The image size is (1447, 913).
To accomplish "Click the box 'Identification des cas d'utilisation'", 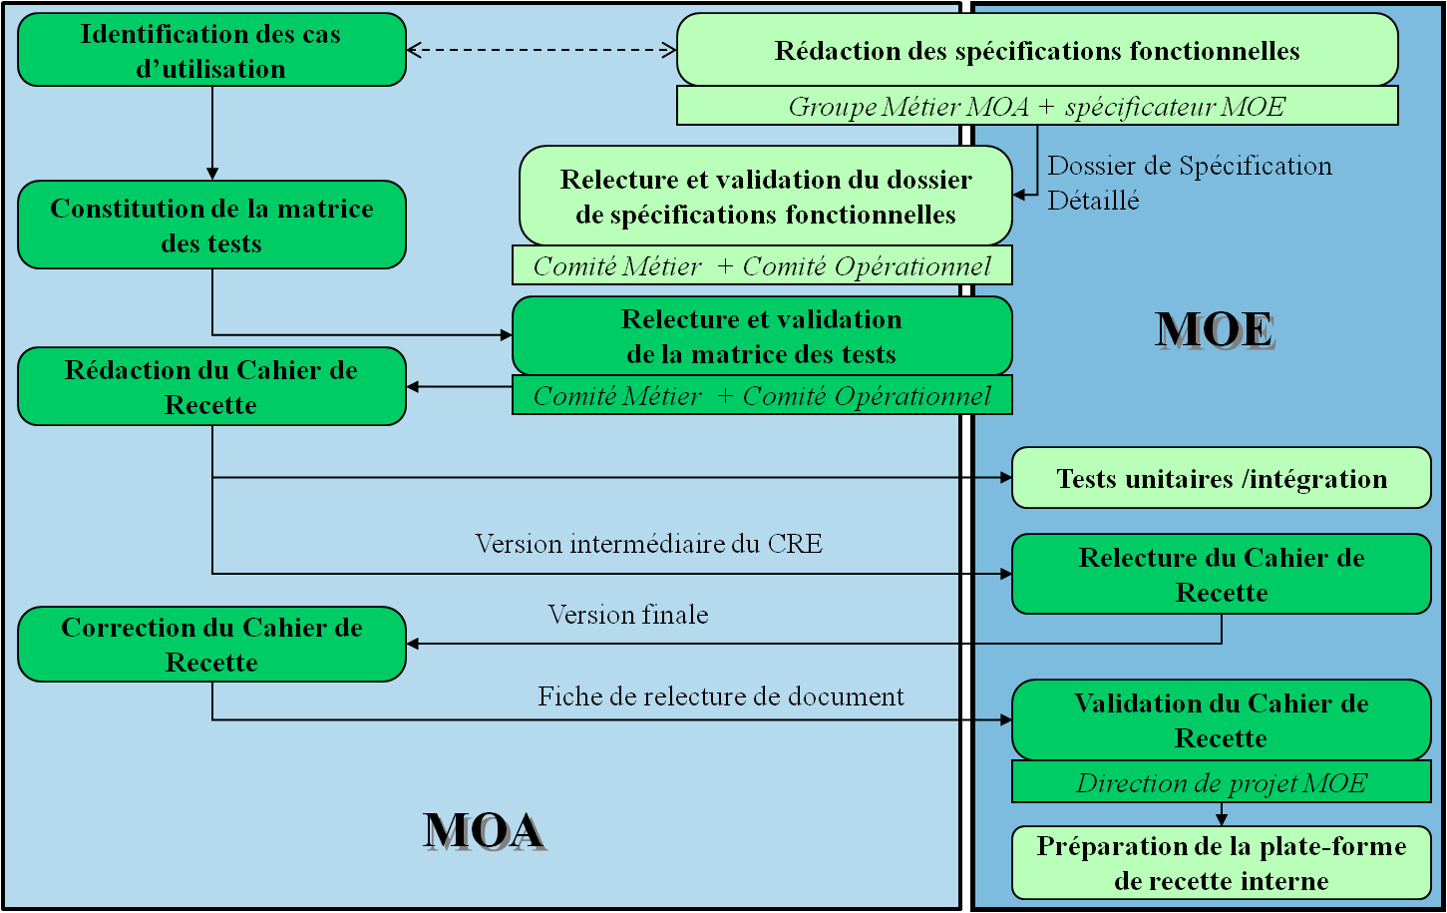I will pos(211,50).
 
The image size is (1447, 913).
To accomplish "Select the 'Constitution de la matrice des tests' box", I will pos(211,226).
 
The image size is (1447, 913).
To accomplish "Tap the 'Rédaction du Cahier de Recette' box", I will pos(211,387).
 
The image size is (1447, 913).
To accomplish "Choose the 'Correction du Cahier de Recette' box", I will pos(211,645).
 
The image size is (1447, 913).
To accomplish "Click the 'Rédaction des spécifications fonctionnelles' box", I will pos(1037,51).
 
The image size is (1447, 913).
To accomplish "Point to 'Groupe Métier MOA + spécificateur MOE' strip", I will pos(1037,106).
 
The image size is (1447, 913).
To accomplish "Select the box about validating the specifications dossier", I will pos(765,197).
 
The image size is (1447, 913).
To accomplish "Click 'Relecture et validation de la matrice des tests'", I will pos(762,336).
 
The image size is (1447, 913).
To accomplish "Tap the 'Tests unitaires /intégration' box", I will pos(1222,479).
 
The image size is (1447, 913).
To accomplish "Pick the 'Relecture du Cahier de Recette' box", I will pos(1222,574).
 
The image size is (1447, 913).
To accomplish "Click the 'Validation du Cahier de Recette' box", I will pos(1222,720).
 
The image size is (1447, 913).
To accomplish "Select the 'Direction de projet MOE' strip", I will pos(1222,783).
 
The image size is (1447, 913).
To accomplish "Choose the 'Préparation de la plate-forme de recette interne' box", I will pos(1222,863).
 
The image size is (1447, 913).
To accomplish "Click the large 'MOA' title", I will pos(484,831).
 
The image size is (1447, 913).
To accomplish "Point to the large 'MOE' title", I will pos(1215,330).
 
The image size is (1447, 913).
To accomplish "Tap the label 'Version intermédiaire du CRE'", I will pos(648,544).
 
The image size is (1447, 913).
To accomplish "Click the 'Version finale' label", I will pos(628,615).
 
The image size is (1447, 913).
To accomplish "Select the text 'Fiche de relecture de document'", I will pos(721,696).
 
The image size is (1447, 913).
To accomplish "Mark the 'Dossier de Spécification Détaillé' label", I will pos(1189,183).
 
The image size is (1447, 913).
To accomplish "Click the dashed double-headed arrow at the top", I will pos(542,50).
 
